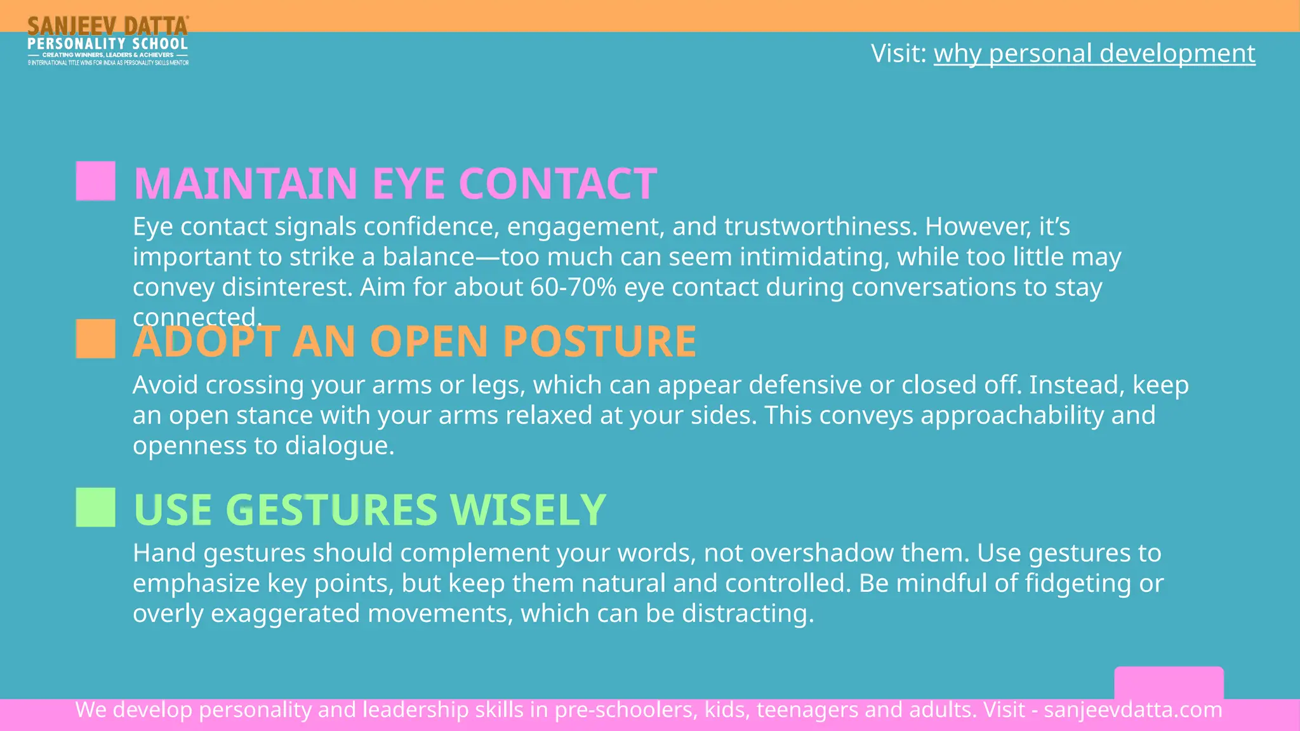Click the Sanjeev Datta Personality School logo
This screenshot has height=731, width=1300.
(108, 41)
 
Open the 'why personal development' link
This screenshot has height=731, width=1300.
(1094, 53)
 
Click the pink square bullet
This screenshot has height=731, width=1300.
(96, 181)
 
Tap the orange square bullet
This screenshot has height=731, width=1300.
(96, 339)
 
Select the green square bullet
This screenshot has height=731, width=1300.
(96, 508)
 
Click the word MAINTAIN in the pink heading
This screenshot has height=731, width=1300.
(246, 184)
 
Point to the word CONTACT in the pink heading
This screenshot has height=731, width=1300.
(557, 184)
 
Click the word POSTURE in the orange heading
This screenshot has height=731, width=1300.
(599, 341)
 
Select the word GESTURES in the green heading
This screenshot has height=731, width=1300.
(331, 510)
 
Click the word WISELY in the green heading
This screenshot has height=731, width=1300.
(527, 510)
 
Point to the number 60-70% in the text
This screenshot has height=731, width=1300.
(573, 287)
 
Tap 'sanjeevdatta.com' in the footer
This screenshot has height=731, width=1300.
(1133, 709)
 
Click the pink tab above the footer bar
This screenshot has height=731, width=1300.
(1169, 683)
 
